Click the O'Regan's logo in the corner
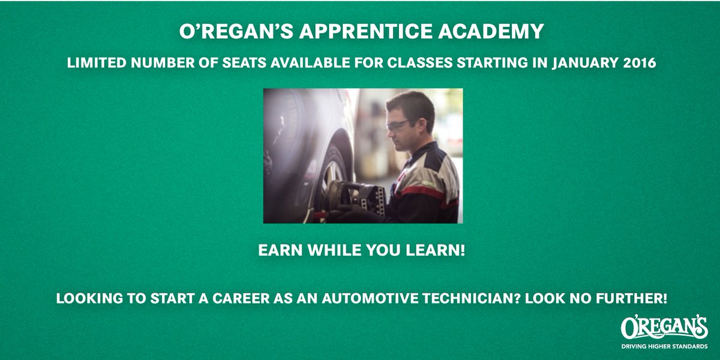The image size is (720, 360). [664, 328]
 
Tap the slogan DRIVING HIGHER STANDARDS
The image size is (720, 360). [664, 346]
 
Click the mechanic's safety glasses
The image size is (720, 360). [397, 125]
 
